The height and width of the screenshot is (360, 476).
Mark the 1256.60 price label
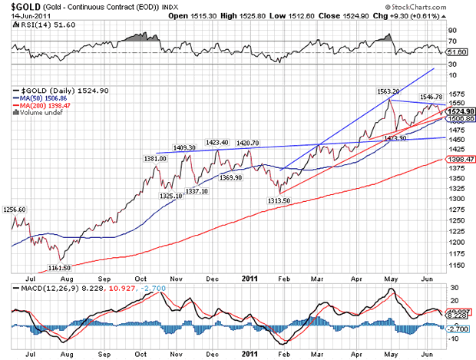[15, 209]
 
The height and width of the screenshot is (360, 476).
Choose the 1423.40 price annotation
[219, 142]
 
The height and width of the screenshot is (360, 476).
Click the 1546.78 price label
[431, 97]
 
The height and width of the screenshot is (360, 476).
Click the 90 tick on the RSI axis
[451, 31]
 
